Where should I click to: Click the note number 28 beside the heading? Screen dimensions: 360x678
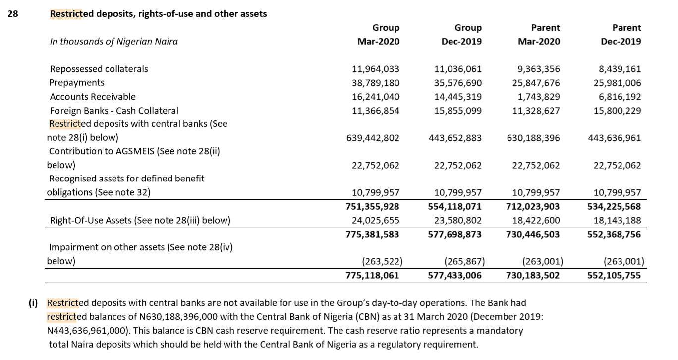point(12,14)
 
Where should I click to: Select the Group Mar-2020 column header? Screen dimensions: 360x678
point(378,35)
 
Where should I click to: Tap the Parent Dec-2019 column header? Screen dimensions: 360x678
point(621,35)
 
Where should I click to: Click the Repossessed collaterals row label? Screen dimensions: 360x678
point(99,69)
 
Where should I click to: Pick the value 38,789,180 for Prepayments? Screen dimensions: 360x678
point(375,83)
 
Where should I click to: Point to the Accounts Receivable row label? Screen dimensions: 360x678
point(92,97)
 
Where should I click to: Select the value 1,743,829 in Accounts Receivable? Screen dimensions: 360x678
point(539,97)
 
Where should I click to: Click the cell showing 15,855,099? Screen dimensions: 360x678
point(457,111)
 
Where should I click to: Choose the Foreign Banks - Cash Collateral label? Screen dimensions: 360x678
point(114,111)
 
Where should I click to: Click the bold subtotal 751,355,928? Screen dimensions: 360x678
point(372,206)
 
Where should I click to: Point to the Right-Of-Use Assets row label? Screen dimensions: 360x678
point(140,220)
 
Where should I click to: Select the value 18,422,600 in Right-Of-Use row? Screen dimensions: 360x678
point(536,220)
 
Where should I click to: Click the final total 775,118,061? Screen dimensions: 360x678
point(372,275)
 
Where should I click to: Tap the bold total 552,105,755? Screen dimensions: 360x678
point(615,275)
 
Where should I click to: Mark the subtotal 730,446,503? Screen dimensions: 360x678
point(533,234)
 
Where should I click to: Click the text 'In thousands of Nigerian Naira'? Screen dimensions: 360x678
point(113,42)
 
